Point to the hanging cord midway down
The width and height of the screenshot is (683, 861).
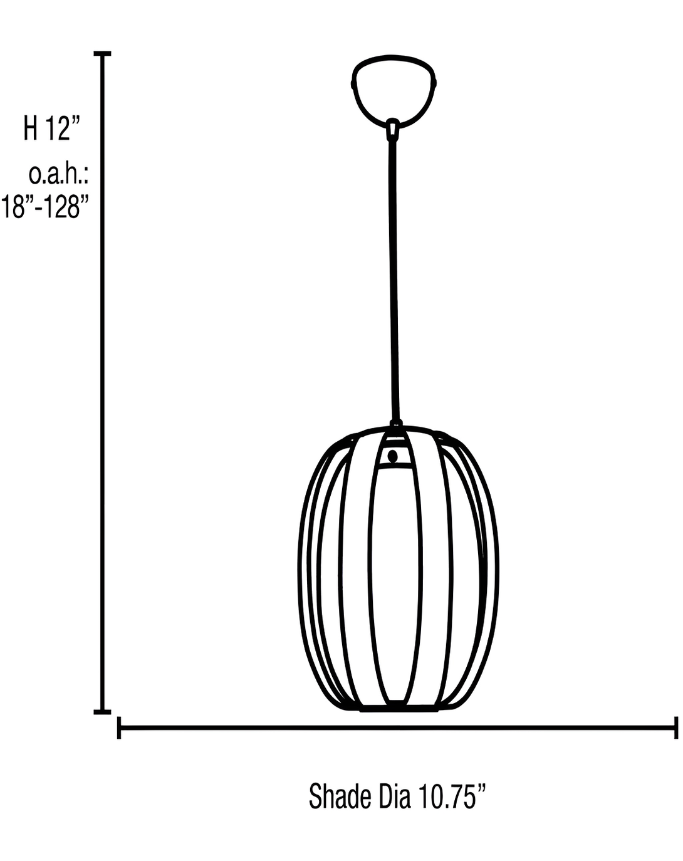(x=394, y=276)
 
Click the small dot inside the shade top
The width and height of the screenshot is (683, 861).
(x=393, y=456)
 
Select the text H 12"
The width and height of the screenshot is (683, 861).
(x=52, y=128)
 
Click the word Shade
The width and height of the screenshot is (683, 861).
(x=340, y=796)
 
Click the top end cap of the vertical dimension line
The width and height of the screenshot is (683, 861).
(x=102, y=55)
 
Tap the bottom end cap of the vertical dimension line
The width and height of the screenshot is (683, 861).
(x=102, y=712)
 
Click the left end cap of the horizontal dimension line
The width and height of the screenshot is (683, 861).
(x=119, y=728)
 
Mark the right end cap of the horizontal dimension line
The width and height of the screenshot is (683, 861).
(x=675, y=728)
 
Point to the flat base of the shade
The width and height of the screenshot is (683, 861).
(x=398, y=708)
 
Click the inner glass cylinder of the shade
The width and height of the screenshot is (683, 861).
(x=394, y=583)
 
